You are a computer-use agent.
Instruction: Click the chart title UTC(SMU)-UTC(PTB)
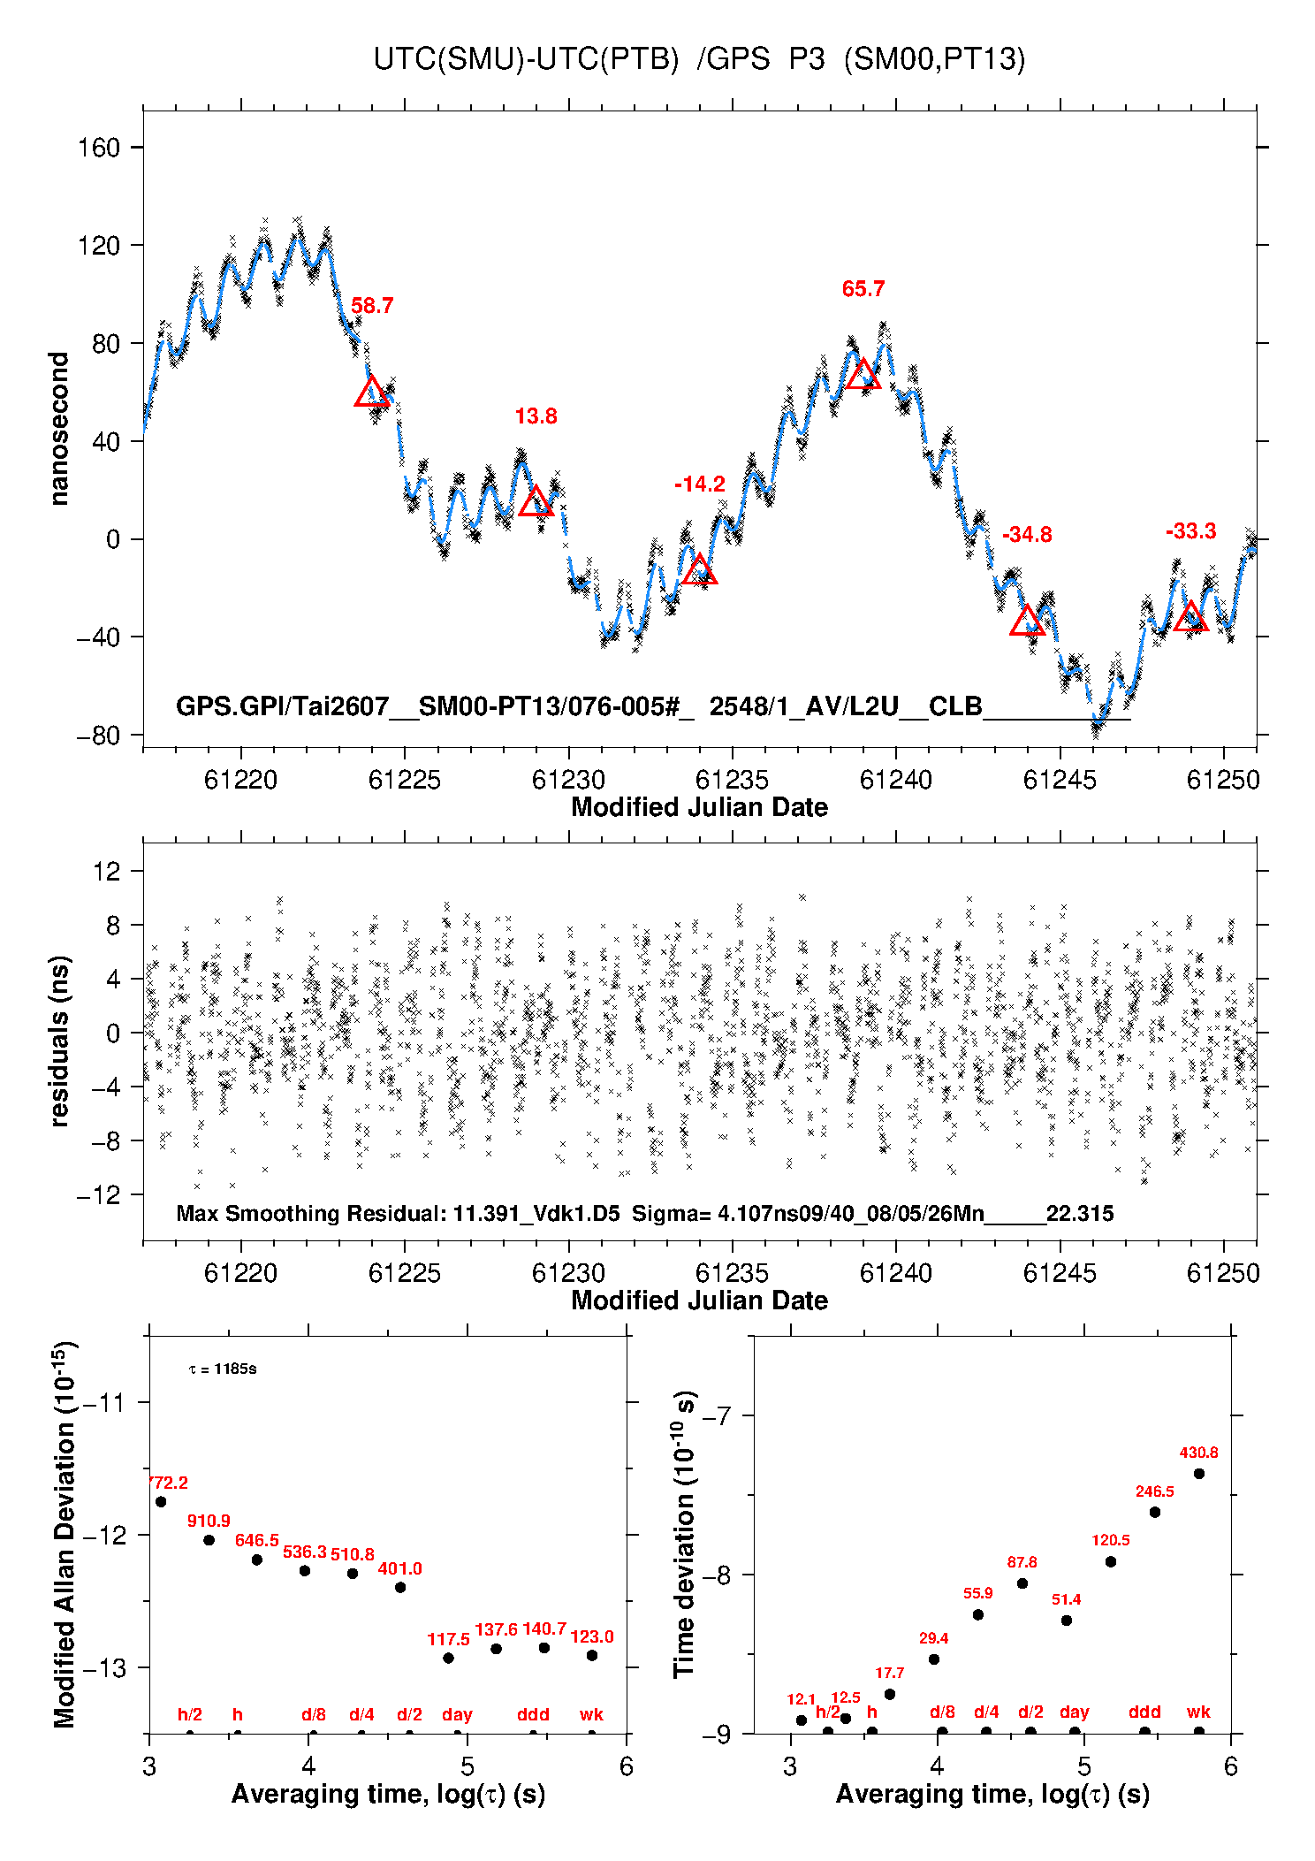(x=526, y=59)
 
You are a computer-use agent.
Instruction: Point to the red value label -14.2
(x=700, y=484)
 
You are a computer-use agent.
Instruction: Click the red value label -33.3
(x=1190, y=531)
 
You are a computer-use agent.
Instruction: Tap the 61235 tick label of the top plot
(x=732, y=780)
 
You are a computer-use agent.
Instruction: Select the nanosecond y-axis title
(x=59, y=429)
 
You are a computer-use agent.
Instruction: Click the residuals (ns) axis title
(x=59, y=1041)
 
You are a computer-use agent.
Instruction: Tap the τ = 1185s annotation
(x=223, y=1369)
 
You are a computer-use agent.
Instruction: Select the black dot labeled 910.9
(x=209, y=1540)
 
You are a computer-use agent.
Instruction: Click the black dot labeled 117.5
(x=448, y=1658)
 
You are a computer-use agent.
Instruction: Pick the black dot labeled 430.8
(x=1199, y=1474)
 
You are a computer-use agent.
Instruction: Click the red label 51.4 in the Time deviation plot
(x=1067, y=1599)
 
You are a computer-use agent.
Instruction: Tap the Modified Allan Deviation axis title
(x=65, y=1534)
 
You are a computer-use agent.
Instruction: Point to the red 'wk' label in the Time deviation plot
(x=1198, y=1712)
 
